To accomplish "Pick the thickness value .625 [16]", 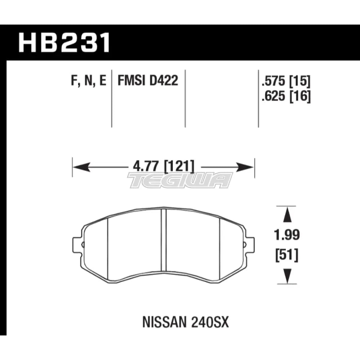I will point(287,96).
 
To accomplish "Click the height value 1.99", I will point(286,236).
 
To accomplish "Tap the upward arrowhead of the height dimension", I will point(286,215).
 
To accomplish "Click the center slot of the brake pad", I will point(163,239).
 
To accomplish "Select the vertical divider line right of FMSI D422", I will point(185,97).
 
